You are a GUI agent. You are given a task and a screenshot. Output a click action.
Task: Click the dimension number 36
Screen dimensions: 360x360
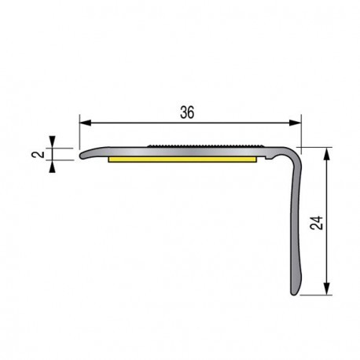[x=187, y=112]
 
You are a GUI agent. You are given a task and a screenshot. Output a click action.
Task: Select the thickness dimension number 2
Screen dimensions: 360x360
[x=36, y=155]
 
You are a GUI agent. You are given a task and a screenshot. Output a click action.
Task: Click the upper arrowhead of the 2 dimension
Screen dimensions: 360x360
[x=53, y=144]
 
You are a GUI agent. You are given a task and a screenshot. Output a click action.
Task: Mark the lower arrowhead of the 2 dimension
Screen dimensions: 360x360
[x=53, y=164]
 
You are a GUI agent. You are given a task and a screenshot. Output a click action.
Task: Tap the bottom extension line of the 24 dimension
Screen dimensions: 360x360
[x=315, y=296]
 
